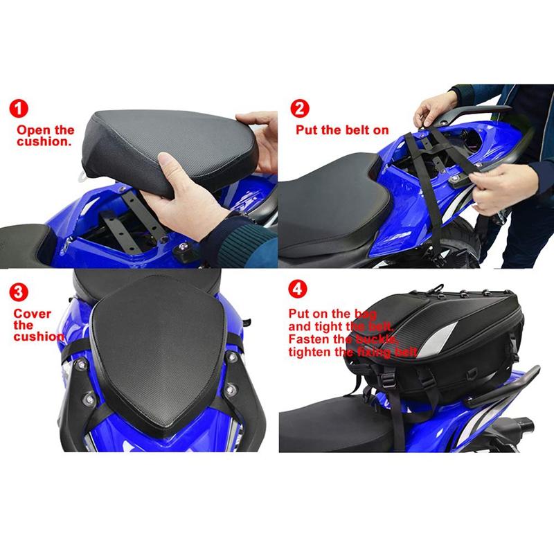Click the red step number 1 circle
[x=19, y=108]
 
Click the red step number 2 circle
[x=300, y=108]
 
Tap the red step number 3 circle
[x=19, y=292]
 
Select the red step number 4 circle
[x=298, y=289]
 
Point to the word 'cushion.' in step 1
[x=44, y=142]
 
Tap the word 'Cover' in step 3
[x=32, y=314]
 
